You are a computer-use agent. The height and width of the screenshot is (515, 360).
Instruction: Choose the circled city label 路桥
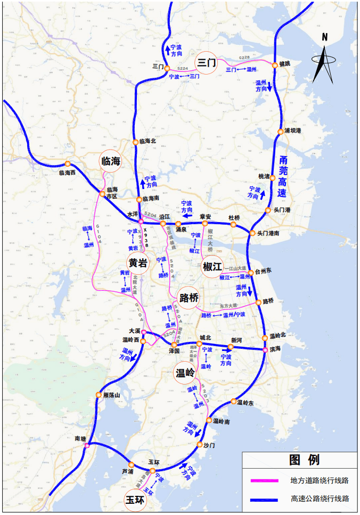[x=189, y=297]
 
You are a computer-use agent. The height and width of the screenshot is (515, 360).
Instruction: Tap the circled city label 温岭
[x=185, y=373]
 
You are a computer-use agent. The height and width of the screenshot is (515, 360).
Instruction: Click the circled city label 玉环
[x=135, y=500]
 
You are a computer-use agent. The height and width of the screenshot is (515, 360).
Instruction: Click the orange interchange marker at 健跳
[x=275, y=65]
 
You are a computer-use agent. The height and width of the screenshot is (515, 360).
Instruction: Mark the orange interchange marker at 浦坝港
[x=280, y=131]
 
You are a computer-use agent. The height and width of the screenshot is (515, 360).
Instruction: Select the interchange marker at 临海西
[x=67, y=164]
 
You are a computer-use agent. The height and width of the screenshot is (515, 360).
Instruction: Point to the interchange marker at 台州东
[x=250, y=272]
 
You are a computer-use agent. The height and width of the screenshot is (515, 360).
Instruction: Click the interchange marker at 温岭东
[x=233, y=402]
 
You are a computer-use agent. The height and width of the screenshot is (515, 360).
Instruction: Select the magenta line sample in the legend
[x=265, y=480]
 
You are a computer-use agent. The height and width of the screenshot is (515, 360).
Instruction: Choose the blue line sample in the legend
[x=265, y=499]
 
